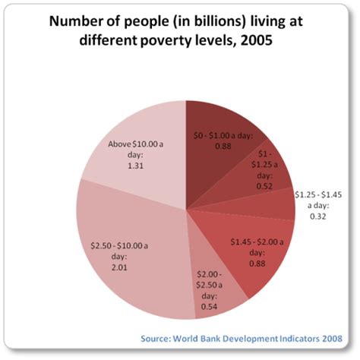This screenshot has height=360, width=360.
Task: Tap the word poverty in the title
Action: pyautogui.click(x=170, y=41)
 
